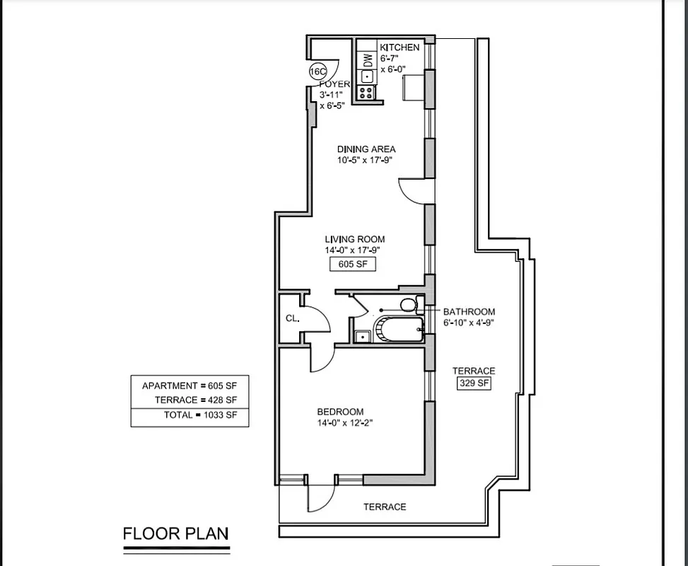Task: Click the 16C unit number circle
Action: pos(318,71)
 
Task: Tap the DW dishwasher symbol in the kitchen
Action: pos(368,59)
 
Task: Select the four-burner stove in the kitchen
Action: pos(367,92)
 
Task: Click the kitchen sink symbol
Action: pos(367,76)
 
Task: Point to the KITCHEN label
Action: pos(400,47)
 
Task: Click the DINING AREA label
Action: pos(366,149)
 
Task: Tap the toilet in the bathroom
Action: pos(408,305)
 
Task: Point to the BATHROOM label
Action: pos(469,311)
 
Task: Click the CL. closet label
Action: pos(292,319)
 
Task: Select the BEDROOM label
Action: pos(340,412)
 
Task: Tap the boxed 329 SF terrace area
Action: pos(474,383)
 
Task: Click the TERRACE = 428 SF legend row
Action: pos(190,400)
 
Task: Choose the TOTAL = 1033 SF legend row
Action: pos(190,415)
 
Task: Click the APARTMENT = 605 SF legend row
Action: pos(190,386)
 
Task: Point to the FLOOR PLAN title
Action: pos(175,533)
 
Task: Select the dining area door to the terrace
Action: pos(412,190)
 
